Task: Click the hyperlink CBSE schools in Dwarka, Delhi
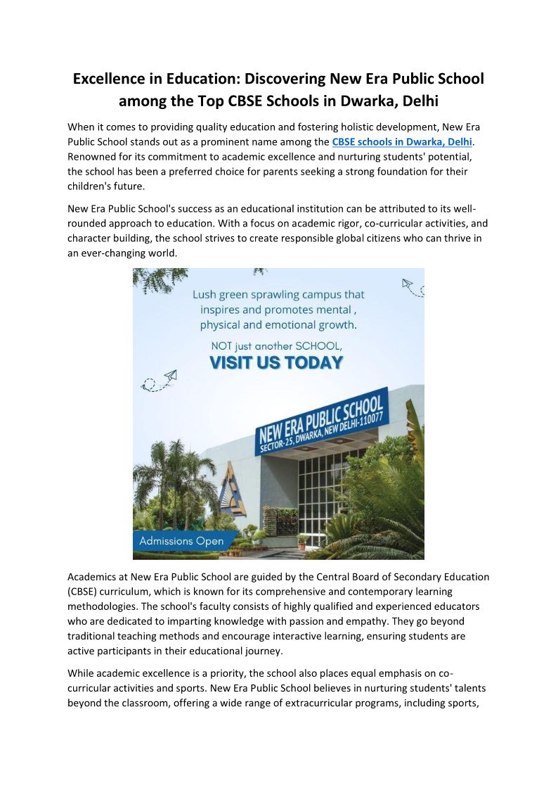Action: tap(401, 142)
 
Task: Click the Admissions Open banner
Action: tap(181, 541)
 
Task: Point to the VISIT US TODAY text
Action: tap(276, 363)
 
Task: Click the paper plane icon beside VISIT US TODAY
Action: tap(169, 378)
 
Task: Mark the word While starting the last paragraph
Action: tap(82, 673)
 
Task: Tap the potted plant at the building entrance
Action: tap(303, 540)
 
